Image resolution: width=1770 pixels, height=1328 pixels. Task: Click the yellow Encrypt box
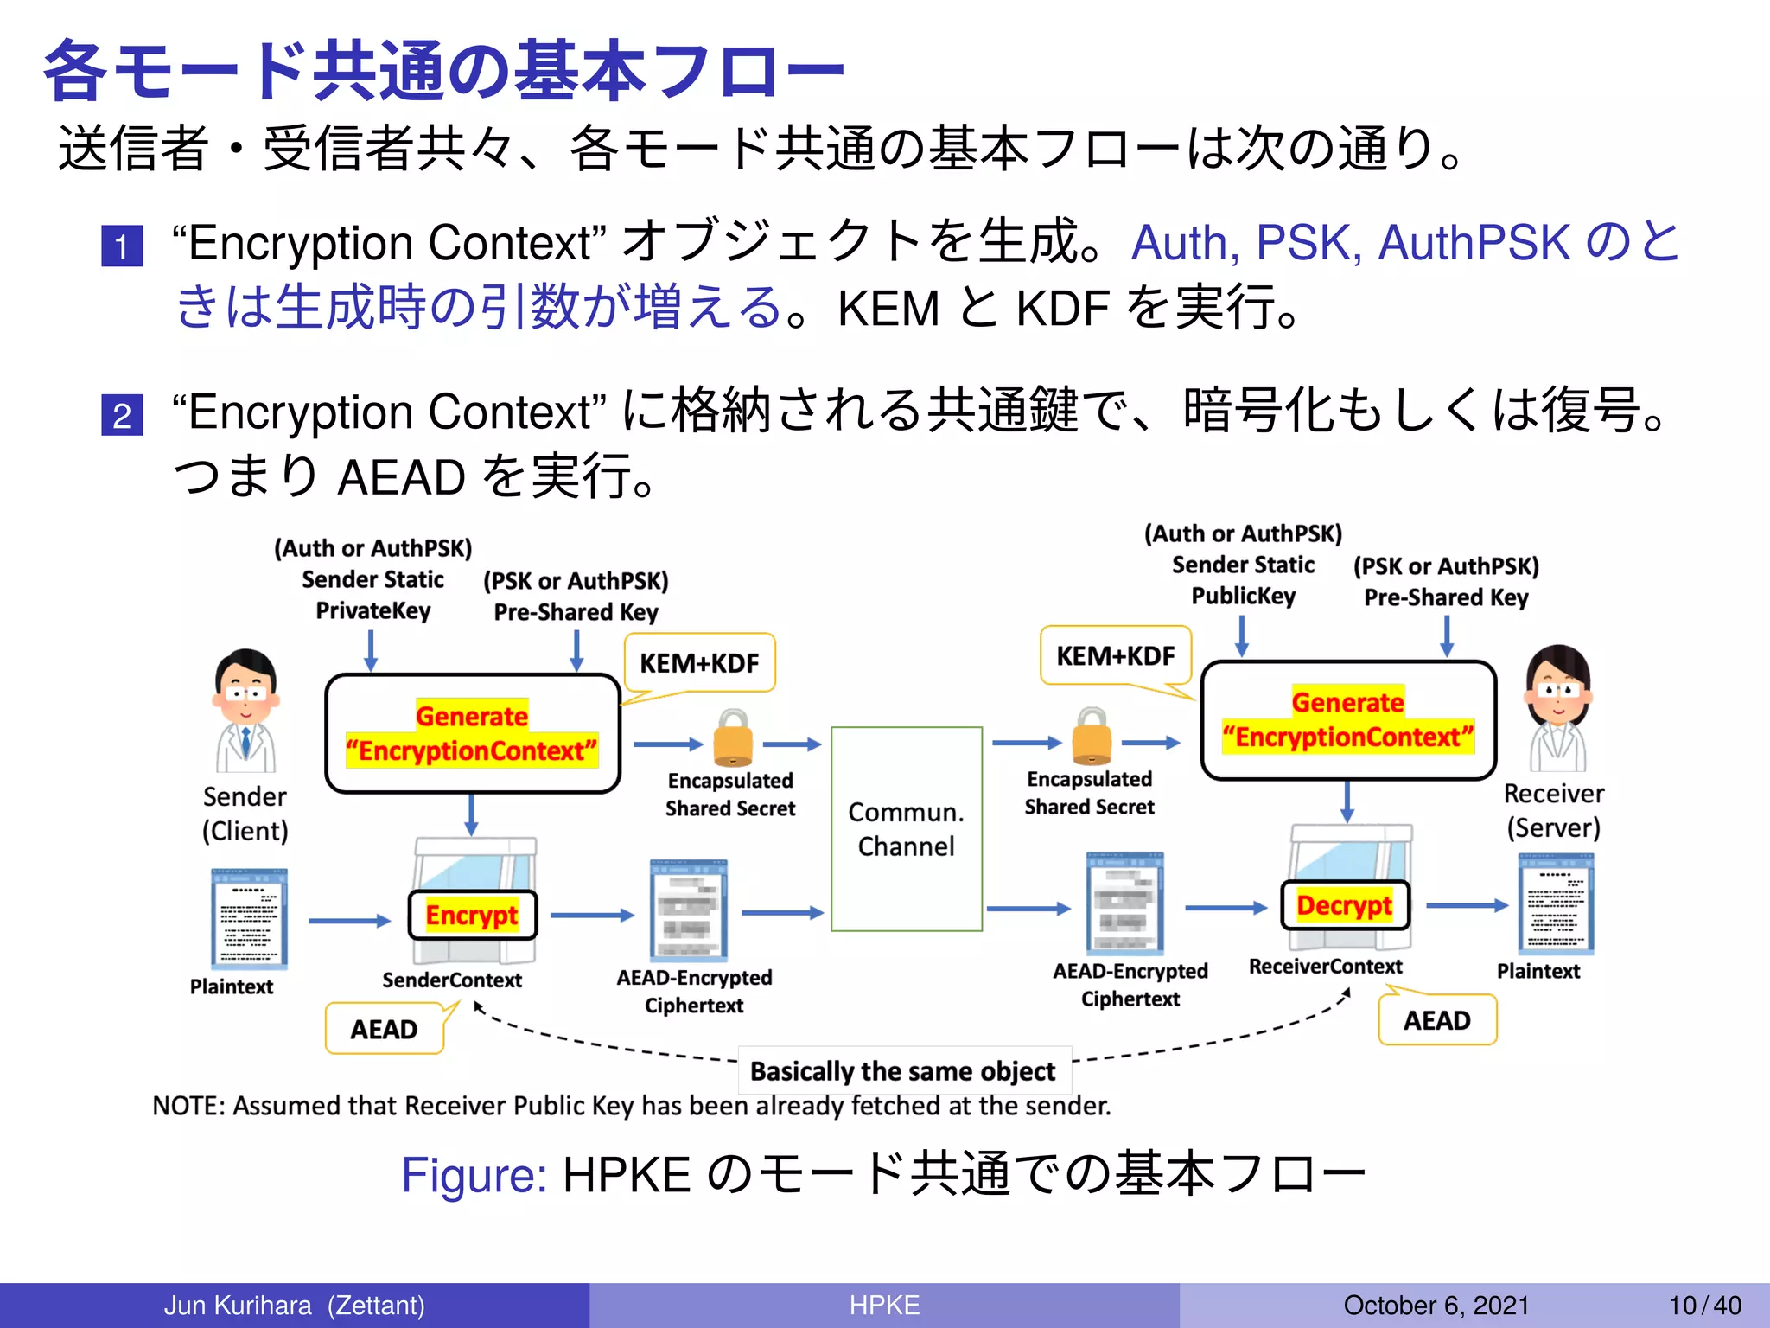tap(472, 915)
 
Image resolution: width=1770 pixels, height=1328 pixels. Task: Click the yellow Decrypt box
tap(1344, 905)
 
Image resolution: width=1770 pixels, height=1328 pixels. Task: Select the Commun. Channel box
tap(906, 828)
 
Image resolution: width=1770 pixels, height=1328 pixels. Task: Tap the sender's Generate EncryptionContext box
tap(472, 733)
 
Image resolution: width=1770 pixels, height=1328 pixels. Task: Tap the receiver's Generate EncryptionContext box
tap(1347, 719)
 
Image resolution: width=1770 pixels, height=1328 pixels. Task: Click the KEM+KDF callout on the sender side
tap(699, 663)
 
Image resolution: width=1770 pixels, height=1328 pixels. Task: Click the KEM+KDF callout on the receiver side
tap(1115, 656)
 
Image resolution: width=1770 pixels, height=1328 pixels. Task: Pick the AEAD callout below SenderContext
tap(384, 1029)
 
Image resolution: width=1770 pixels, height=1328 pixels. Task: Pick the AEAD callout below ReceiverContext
tap(1436, 1020)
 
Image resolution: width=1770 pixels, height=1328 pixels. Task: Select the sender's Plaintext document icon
tap(249, 918)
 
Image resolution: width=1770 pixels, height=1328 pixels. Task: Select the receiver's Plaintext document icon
tap(1556, 903)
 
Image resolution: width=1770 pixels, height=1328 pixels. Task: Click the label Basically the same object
tap(903, 1071)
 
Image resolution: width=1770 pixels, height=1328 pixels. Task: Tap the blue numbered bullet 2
tap(122, 415)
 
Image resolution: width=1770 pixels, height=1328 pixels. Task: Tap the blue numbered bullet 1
tap(122, 246)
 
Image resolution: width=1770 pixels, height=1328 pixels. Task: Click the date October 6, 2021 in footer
tap(1436, 1305)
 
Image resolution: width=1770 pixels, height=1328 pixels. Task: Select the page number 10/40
tap(1704, 1305)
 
